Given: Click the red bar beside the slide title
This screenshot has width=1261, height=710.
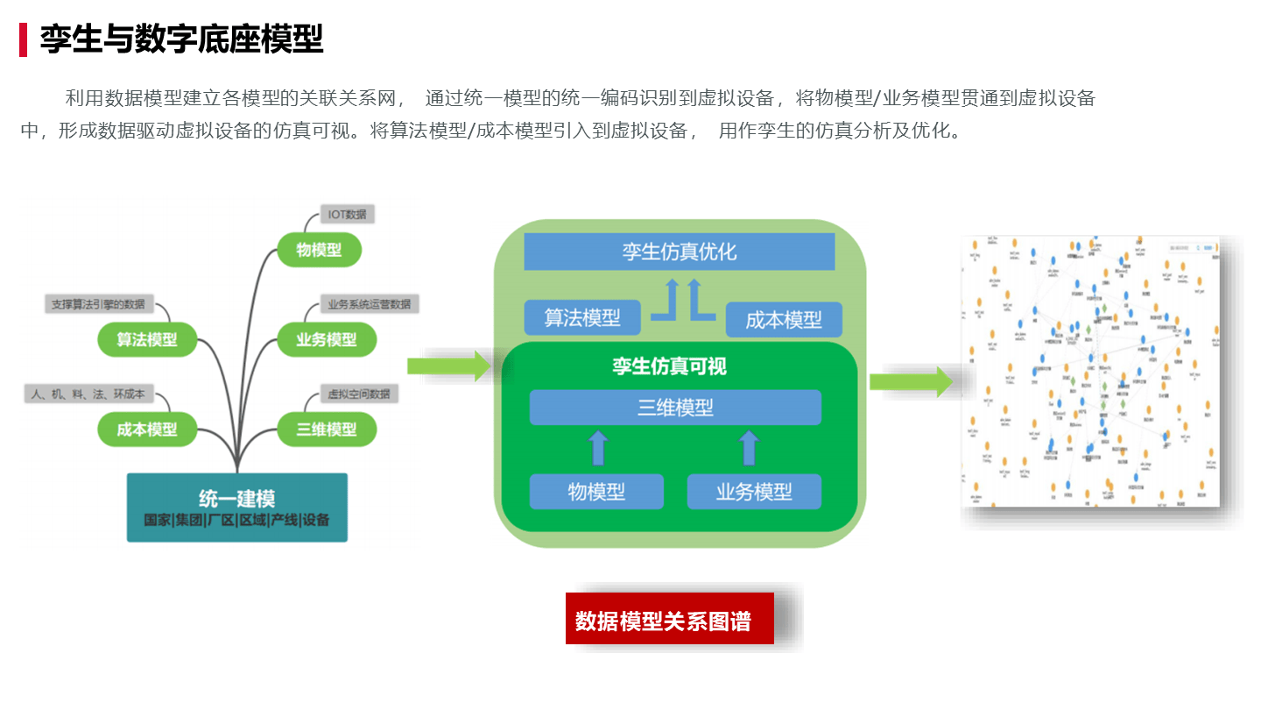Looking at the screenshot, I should coord(23,39).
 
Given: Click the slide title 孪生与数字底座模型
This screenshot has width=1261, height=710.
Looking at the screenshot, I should coord(181,39).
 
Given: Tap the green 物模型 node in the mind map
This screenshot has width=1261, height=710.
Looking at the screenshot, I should coord(319,251).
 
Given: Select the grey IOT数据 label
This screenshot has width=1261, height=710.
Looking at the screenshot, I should coord(347,215).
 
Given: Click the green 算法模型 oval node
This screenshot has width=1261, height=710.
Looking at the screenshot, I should coord(146,339).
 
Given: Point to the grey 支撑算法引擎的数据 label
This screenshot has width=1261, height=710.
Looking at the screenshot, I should coord(97,304).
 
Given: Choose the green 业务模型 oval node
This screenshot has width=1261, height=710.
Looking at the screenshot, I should coord(326,339).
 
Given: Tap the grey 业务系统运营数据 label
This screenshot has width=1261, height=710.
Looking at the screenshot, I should coord(368,304).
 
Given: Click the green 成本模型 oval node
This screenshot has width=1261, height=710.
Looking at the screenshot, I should coord(146,430).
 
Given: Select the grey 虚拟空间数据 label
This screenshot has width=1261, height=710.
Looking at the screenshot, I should coord(358,394).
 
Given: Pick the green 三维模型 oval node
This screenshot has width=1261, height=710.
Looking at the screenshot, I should coord(326,430).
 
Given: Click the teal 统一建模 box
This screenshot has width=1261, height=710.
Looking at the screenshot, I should coord(236,508).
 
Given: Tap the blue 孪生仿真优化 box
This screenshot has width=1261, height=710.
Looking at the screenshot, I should coord(679,252).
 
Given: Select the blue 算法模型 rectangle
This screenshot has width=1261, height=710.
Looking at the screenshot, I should coord(582,317).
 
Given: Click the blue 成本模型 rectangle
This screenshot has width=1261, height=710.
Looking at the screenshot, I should coord(784,320).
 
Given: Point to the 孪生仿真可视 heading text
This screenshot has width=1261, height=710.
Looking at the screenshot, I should coord(669,366).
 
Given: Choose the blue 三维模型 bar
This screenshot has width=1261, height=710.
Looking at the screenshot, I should coord(675,408).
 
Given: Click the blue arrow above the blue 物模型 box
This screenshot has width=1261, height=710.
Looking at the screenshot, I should coord(597,447).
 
